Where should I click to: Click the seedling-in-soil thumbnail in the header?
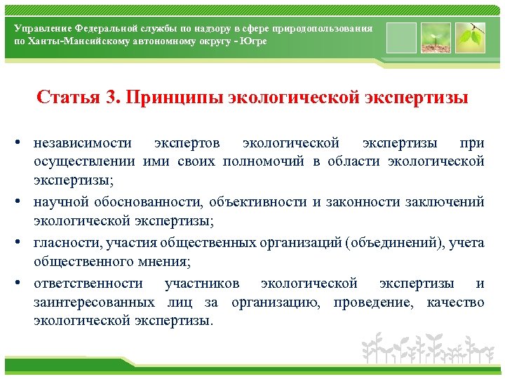pos(435,38)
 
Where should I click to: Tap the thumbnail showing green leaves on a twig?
pos(469,38)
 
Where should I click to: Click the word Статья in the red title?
pos(68,96)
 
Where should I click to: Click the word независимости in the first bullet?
pos(83,143)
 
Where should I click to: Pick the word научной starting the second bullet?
pos(61,202)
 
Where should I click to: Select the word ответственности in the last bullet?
pos(88,284)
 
